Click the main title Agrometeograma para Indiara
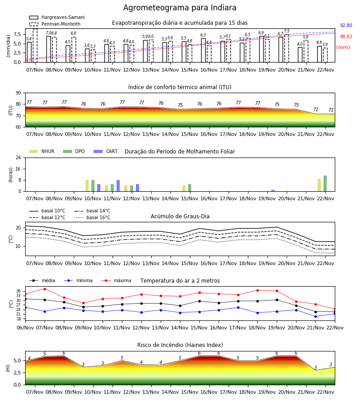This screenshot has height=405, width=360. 180,8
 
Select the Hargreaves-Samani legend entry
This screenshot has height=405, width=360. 57,17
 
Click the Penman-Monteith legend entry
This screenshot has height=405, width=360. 55,24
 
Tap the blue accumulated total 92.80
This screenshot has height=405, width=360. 346,25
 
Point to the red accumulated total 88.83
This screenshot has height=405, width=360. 346,37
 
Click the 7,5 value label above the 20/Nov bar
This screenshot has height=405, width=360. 287,31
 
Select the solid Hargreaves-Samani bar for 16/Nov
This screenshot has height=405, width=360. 203,50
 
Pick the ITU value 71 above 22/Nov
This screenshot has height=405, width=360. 331,110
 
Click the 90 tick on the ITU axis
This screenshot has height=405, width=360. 18,93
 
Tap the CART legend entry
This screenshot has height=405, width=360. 105,151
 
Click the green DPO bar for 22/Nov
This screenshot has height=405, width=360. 325,184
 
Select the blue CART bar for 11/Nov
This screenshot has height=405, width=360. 118,186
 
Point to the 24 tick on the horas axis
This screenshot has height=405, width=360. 18,157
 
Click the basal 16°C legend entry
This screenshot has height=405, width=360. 92,217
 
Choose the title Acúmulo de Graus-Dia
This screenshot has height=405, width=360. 180,216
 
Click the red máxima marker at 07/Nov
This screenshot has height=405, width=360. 45,289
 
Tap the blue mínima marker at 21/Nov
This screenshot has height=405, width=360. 315,316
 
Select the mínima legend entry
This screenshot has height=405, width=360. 78,280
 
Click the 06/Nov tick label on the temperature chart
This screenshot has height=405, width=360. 25,328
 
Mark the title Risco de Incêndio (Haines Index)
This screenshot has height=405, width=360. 180,345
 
